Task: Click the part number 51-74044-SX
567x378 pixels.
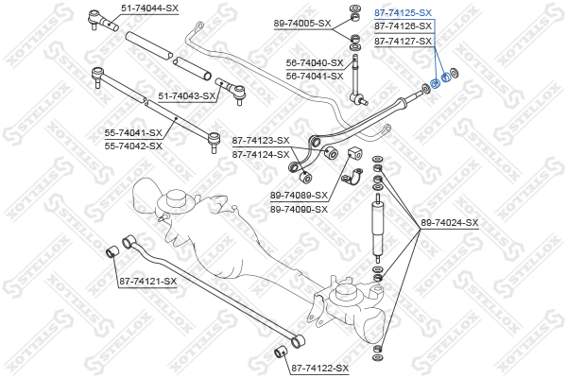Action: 149,8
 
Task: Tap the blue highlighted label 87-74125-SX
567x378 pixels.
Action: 404,13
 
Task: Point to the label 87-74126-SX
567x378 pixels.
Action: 404,27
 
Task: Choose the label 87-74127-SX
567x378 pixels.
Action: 404,42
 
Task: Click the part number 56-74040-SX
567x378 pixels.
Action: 315,62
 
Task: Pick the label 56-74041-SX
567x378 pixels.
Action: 315,76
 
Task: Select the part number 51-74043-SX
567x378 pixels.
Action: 187,95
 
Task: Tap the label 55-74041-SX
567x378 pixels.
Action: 133,133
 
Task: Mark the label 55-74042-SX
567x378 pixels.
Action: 133,146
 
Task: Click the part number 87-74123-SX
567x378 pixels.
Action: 261,140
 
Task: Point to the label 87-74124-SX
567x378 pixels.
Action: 261,153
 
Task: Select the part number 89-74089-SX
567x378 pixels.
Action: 300,196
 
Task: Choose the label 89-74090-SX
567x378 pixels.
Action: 300,209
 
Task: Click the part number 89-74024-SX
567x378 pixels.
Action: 450,223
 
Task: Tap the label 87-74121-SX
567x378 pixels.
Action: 148,281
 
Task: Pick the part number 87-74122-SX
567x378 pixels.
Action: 319,368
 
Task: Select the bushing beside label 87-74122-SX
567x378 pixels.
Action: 280,353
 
